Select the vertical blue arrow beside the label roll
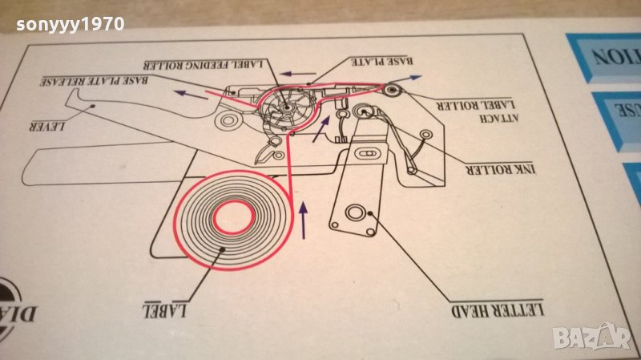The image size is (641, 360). (303, 220)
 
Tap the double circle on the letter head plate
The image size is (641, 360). (355, 213)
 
